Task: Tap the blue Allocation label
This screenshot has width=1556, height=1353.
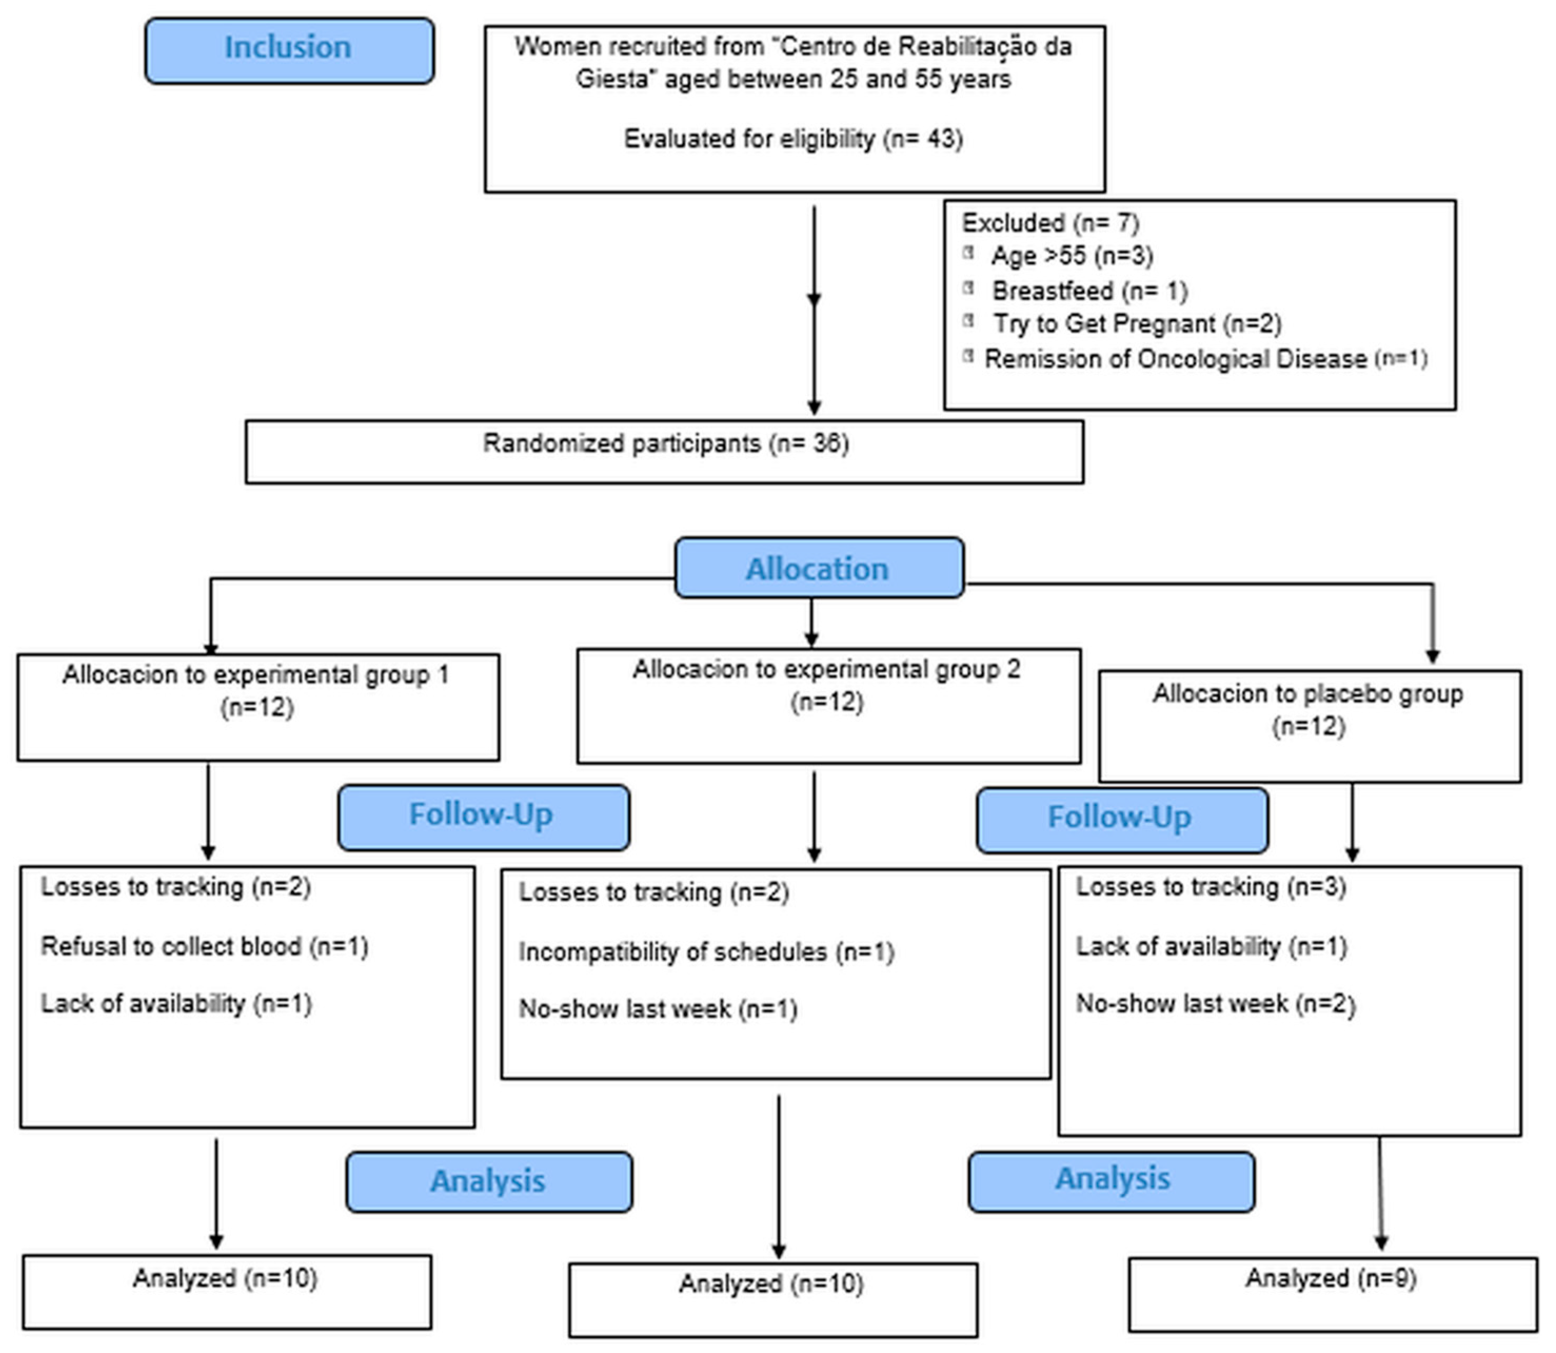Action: click(x=818, y=569)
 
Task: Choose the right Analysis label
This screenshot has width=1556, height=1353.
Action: click(x=1112, y=1179)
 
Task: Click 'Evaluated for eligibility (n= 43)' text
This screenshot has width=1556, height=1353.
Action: click(x=792, y=139)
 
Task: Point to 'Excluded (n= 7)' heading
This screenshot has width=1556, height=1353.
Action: click(x=1049, y=224)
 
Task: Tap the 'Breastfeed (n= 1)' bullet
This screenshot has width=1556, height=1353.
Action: click(x=1089, y=291)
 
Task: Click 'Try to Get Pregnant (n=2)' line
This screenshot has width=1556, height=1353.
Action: click(x=1136, y=324)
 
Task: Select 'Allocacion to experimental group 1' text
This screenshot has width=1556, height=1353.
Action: click(x=256, y=674)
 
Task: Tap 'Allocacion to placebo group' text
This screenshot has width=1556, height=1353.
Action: click(x=1307, y=693)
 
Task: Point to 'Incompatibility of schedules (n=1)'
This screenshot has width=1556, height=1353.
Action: click(x=706, y=951)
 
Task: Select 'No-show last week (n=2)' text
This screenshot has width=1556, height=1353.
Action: click(x=1215, y=1003)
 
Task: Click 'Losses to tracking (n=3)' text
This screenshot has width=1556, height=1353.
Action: click(x=1210, y=887)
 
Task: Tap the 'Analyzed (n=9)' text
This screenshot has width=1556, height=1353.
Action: click(x=1330, y=1278)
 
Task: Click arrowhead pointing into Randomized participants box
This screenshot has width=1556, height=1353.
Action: click(x=814, y=407)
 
